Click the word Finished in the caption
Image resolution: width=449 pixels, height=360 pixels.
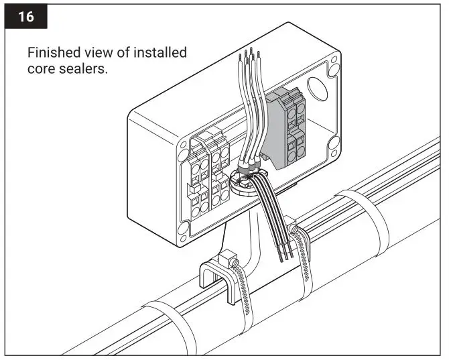click(52, 53)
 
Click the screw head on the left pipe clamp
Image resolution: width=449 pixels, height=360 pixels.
click(228, 258)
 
